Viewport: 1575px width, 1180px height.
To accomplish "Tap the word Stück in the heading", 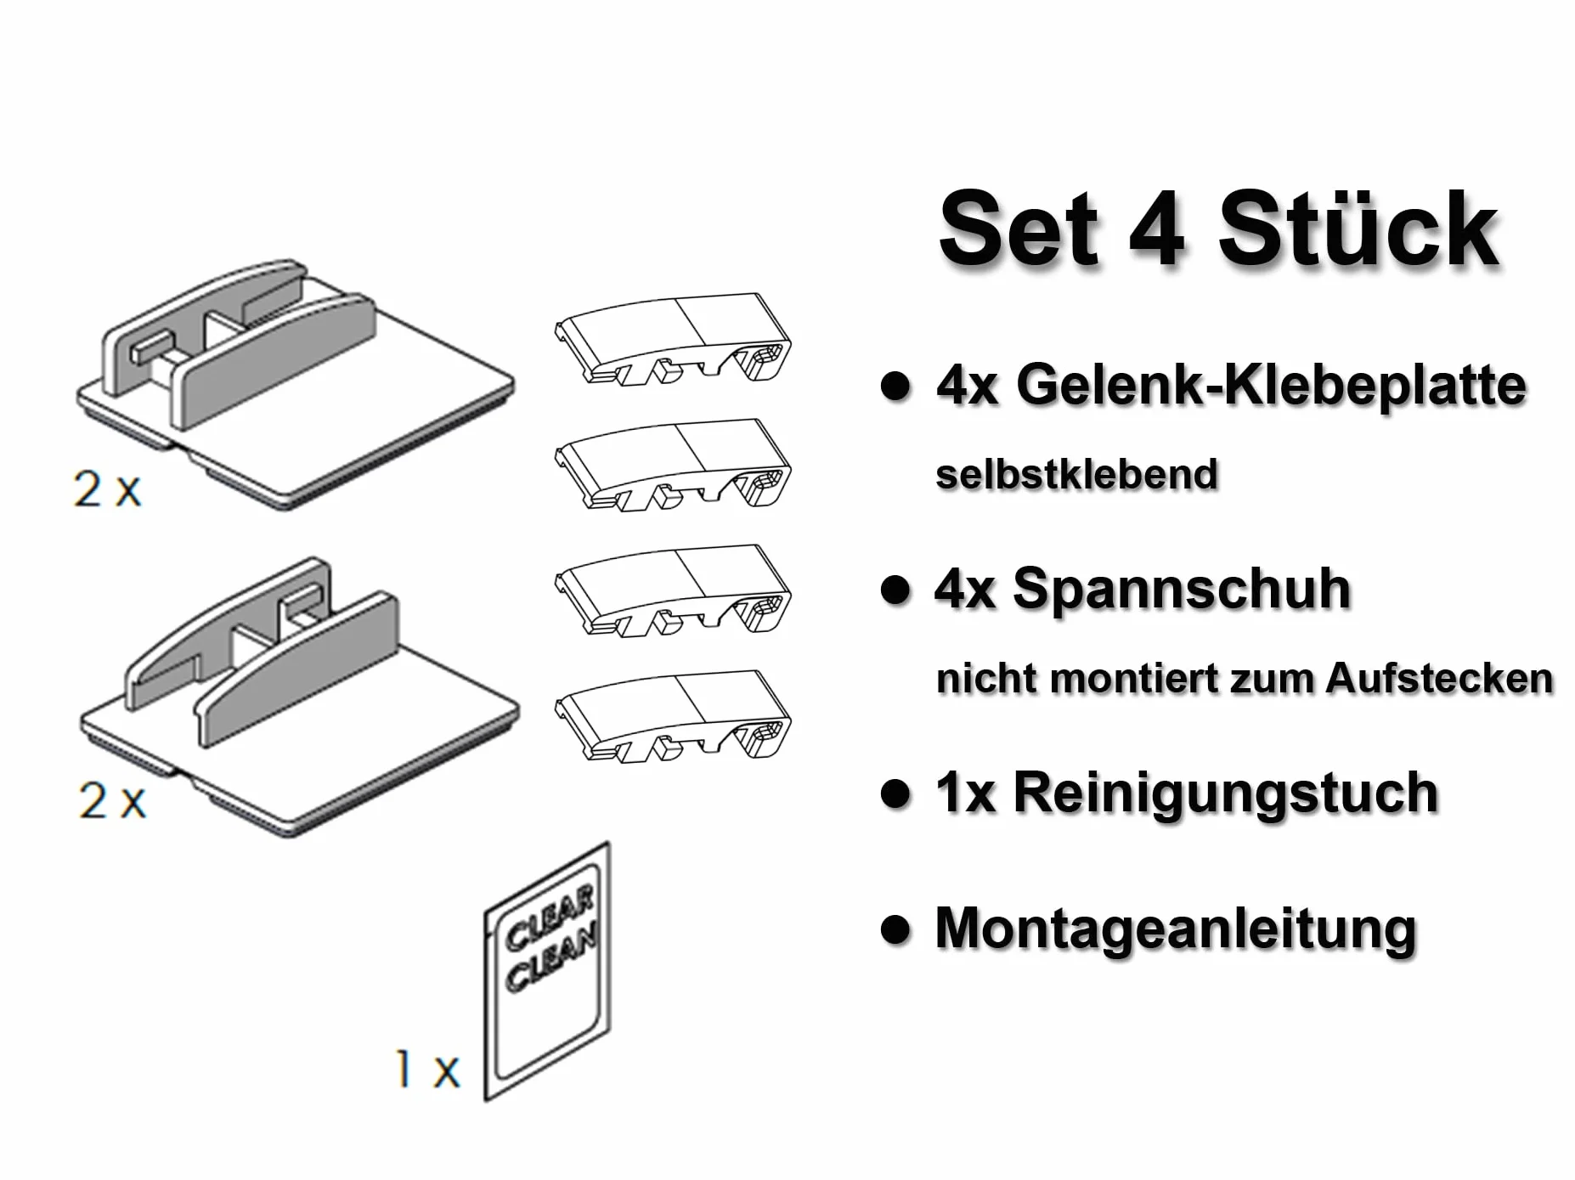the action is click(1359, 229).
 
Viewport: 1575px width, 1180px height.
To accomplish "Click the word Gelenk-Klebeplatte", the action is click(1272, 386).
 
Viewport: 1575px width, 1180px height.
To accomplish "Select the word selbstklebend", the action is click(1076, 474).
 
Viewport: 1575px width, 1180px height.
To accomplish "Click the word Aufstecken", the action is click(1439, 678).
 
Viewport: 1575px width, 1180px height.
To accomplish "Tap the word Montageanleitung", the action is click(1176, 929).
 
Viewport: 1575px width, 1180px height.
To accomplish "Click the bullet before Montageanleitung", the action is click(895, 929).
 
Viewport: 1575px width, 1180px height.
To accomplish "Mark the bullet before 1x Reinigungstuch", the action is click(895, 793).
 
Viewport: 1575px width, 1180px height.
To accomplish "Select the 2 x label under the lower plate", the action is click(112, 800).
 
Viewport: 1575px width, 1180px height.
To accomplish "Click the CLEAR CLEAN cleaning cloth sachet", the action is click(547, 971).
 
